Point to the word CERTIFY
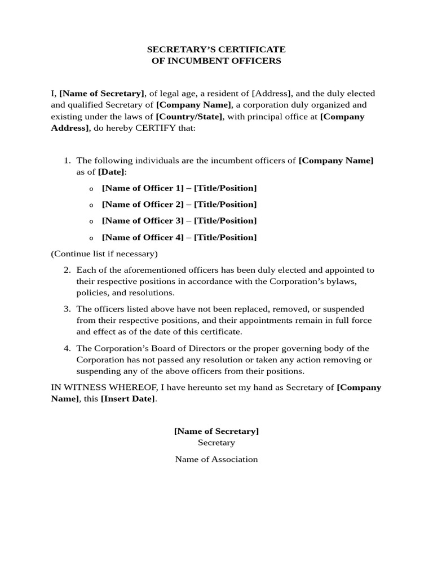[155, 128]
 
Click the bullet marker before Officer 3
[91, 221]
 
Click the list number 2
[67, 270]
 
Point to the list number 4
[67, 348]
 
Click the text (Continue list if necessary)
[104, 254]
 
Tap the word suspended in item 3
[342, 309]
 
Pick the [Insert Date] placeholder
[128, 398]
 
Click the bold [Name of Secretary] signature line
[216, 431]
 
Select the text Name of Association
[216, 459]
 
